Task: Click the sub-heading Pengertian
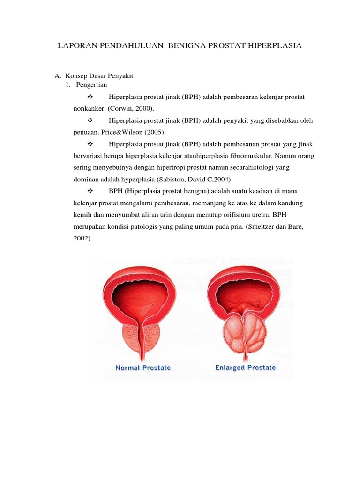[x=91, y=85]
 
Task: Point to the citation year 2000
[x=142, y=108]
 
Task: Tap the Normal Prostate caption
[x=143, y=367]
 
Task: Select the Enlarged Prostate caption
[x=245, y=367]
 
